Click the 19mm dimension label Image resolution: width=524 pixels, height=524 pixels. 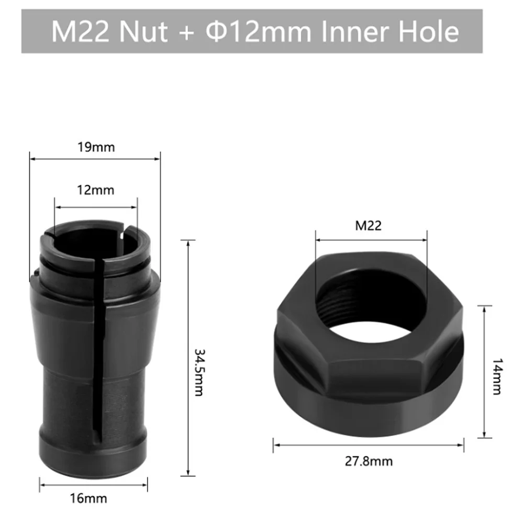(x=95, y=147)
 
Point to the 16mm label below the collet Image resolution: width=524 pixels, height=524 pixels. (x=95, y=497)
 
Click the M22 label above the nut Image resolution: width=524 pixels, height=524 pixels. (x=369, y=226)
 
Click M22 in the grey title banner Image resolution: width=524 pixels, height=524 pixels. (x=84, y=32)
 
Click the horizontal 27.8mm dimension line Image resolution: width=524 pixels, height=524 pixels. (x=369, y=445)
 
